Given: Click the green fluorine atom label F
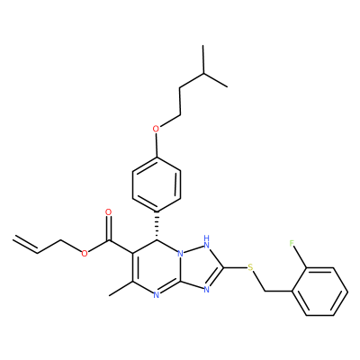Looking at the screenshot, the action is (x=292, y=243).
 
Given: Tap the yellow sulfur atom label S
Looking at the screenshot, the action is (x=251, y=267).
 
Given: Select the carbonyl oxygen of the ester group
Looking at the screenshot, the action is (x=109, y=212).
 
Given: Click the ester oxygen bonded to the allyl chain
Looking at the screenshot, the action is (x=85, y=254).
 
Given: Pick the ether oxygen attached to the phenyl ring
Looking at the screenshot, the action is (x=156, y=130).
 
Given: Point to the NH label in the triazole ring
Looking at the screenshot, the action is (x=206, y=241).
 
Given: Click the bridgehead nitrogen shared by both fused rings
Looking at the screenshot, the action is (x=180, y=254).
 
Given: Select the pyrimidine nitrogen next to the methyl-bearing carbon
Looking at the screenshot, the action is (x=156, y=295).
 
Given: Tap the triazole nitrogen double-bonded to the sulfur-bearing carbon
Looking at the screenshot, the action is (x=206, y=290).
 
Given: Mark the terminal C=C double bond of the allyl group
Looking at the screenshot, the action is (x=25, y=245).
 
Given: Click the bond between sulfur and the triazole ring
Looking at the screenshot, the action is (x=235, y=267).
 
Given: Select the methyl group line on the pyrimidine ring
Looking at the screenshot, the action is (x=121, y=289).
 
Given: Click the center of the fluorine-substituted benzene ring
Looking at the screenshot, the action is (x=319, y=291).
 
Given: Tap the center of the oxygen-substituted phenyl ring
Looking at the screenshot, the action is (x=157, y=184).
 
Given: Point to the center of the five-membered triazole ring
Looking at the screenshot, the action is (x=200, y=267).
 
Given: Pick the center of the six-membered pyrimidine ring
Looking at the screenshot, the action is (x=157, y=267).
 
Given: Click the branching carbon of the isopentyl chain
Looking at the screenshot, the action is (x=203, y=74).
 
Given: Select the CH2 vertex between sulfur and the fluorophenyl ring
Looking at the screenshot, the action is (x=265, y=291).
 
